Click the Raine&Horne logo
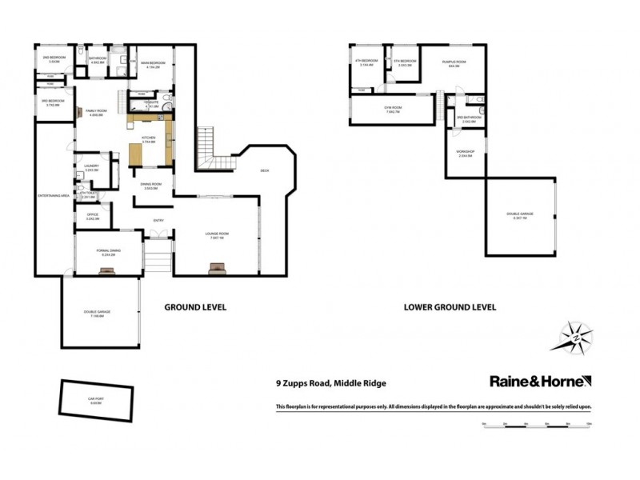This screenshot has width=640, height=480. point(540,382)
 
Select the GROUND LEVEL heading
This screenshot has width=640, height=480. point(195,306)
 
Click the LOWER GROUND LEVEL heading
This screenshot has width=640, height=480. point(450,306)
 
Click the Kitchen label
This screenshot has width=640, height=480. point(148,138)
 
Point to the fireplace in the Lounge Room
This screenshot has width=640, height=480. point(217,268)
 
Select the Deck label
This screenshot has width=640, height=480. point(265,170)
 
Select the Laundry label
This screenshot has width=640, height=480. point(91,166)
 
